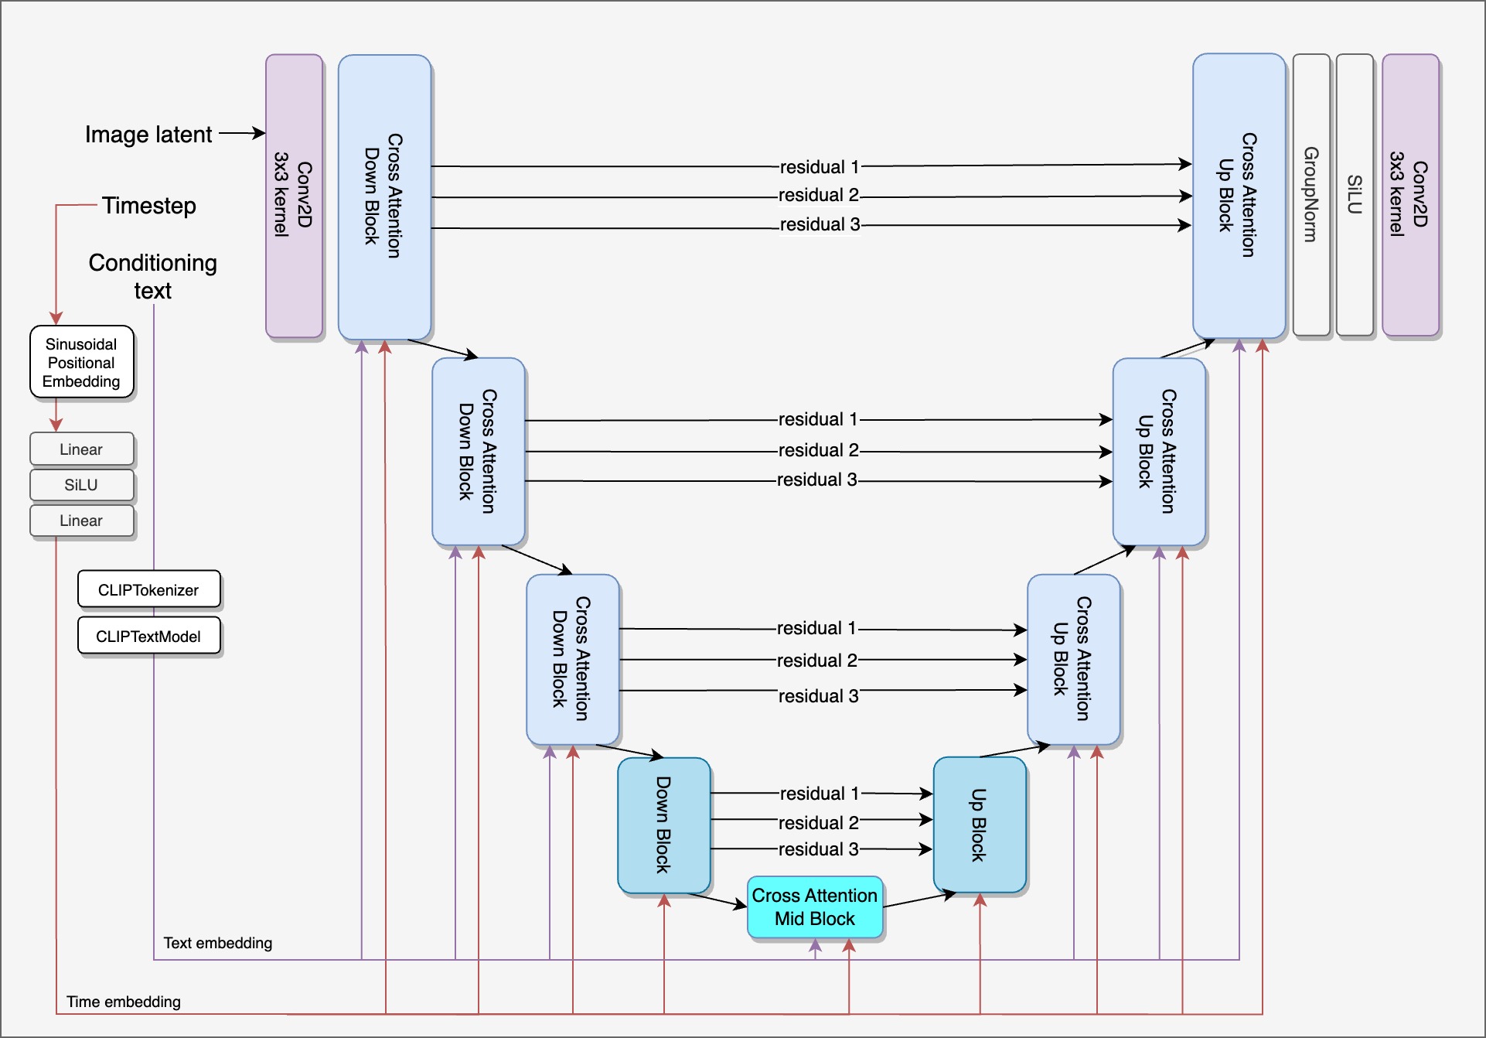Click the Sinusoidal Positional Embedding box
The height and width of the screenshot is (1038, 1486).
pyautogui.click(x=81, y=362)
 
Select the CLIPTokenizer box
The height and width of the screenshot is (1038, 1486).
pyautogui.click(x=148, y=589)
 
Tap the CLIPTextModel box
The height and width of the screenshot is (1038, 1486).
pyautogui.click(x=148, y=636)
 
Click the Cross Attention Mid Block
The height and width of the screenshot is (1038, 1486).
pyautogui.click(x=814, y=907)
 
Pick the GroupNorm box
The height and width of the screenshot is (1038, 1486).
pyautogui.click(x=1310, y=194)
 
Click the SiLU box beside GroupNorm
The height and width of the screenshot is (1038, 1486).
pyautogui.click(x=1354, y=194)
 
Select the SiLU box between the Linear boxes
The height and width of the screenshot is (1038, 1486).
pyautogui.click(x=81, y=485)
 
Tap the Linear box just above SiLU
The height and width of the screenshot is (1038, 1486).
pyautogui.click(x=81, y=449)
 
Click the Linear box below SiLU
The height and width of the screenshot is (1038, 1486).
pyautogui.click(x=81, y=521)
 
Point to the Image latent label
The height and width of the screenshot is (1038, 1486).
pyautogui.click(x=148, y=135)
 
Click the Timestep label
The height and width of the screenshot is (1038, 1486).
pyautogui.click(x=149, y=206)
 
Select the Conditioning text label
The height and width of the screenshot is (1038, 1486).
pyautogui.click(x=152, y=276)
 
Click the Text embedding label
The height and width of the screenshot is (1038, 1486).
pyautogui.click(x=217, y=943)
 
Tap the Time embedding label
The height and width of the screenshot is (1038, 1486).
pyautogui.click(x=123, y=1002)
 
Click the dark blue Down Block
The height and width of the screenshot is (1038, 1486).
pyautogui.click(x=663, y=825)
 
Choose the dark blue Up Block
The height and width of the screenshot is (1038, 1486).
pyautogui.click(x=979, y=825)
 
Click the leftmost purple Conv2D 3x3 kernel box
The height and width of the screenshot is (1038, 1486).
pyautogui.click(x=294, y=195)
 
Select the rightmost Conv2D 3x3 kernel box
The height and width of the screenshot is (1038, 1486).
pyautogui.click(x=1409, y=194)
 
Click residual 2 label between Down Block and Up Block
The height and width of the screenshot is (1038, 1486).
pyautogui.click(x=818, y=822)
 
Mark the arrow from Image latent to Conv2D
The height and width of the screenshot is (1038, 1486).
pyautogui.click(x=241, y=133)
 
